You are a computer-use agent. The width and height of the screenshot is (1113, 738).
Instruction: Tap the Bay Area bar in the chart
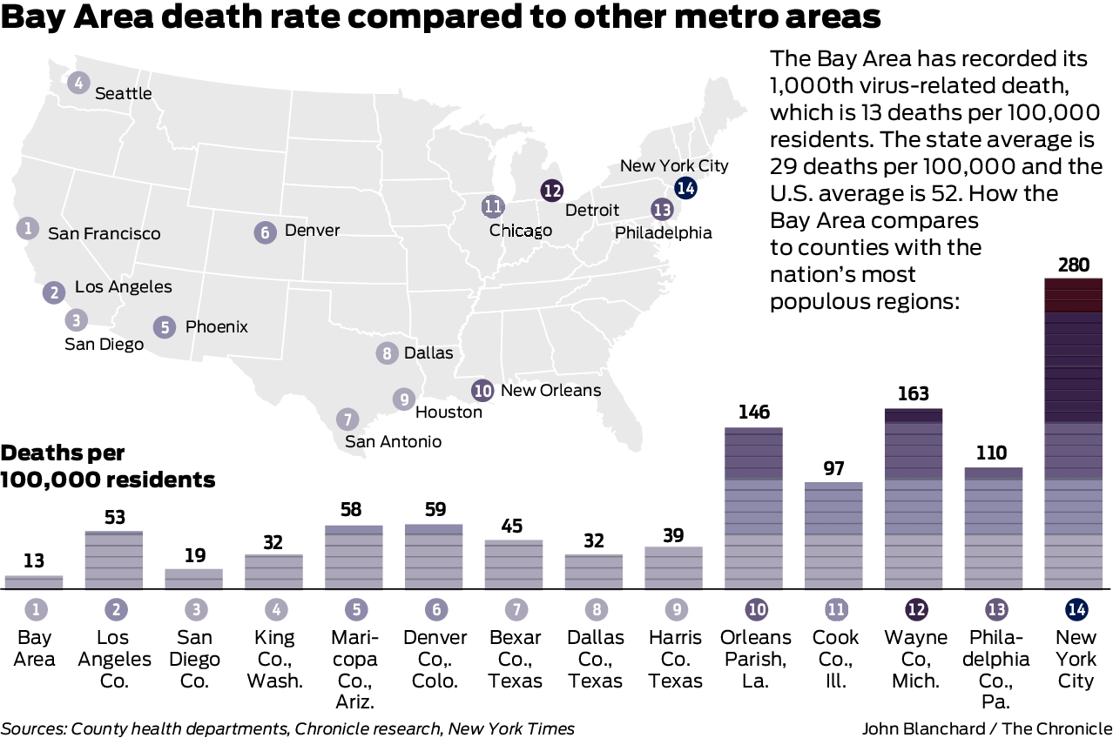click(x=34, y=582)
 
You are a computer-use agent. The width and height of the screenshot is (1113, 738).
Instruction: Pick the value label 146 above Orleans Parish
click(x=754, y=412)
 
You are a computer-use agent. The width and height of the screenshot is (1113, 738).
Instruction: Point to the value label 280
click(x=1073, y=264)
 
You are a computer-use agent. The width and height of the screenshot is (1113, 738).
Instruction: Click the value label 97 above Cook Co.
click(x=833, y=468)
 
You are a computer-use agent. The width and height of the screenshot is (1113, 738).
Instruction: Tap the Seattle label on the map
click(x=123, y=93)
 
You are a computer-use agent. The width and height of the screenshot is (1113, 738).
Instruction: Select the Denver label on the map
click(x=312, y=231)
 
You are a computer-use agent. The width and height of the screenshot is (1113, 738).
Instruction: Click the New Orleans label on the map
click(x=550, y=390)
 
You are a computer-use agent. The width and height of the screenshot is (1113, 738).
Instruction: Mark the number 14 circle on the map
click(x=685, y=187)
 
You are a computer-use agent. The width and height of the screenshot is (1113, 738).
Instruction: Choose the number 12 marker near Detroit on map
click(x=551, y=191)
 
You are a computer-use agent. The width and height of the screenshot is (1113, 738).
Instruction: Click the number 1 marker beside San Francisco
click(x=28, y=229)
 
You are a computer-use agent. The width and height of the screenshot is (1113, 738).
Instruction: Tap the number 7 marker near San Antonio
click(x=346, y=419)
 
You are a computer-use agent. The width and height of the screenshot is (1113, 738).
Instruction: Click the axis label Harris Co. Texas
click(x=674, y=659)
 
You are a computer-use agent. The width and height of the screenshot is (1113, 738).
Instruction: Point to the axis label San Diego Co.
click(x=194, y=659)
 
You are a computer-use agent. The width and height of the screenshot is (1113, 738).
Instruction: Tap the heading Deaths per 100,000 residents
click(x=108, y=466)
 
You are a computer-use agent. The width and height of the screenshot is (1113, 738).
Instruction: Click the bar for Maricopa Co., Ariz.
click(x=354, y=557)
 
